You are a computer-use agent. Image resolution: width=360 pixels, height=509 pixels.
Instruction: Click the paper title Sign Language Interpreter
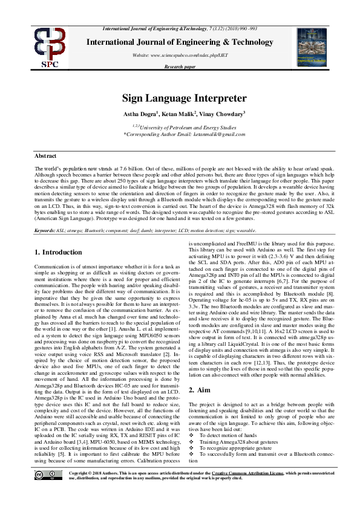[x=184, y=98]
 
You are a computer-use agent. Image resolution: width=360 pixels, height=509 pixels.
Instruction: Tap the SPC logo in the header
[x=50, y=47]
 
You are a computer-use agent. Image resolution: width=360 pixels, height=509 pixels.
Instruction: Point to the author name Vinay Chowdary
[x=223, y=114]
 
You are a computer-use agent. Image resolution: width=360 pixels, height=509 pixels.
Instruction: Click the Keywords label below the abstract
[x=45, y=231]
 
